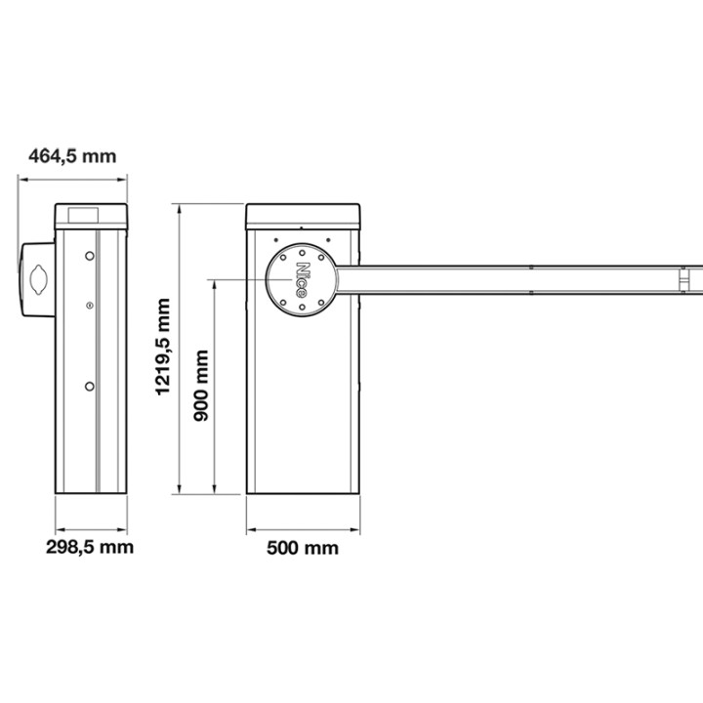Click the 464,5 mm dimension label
[x=71, y=156]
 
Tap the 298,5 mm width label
[x=90, y=546]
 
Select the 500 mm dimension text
[x=303, y=548]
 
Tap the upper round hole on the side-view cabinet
[x=90, y=256]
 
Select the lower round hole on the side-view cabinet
[x=90, y=386]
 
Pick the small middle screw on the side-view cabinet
[x=90, y=308]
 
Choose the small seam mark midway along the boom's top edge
[x=530, y=267]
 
